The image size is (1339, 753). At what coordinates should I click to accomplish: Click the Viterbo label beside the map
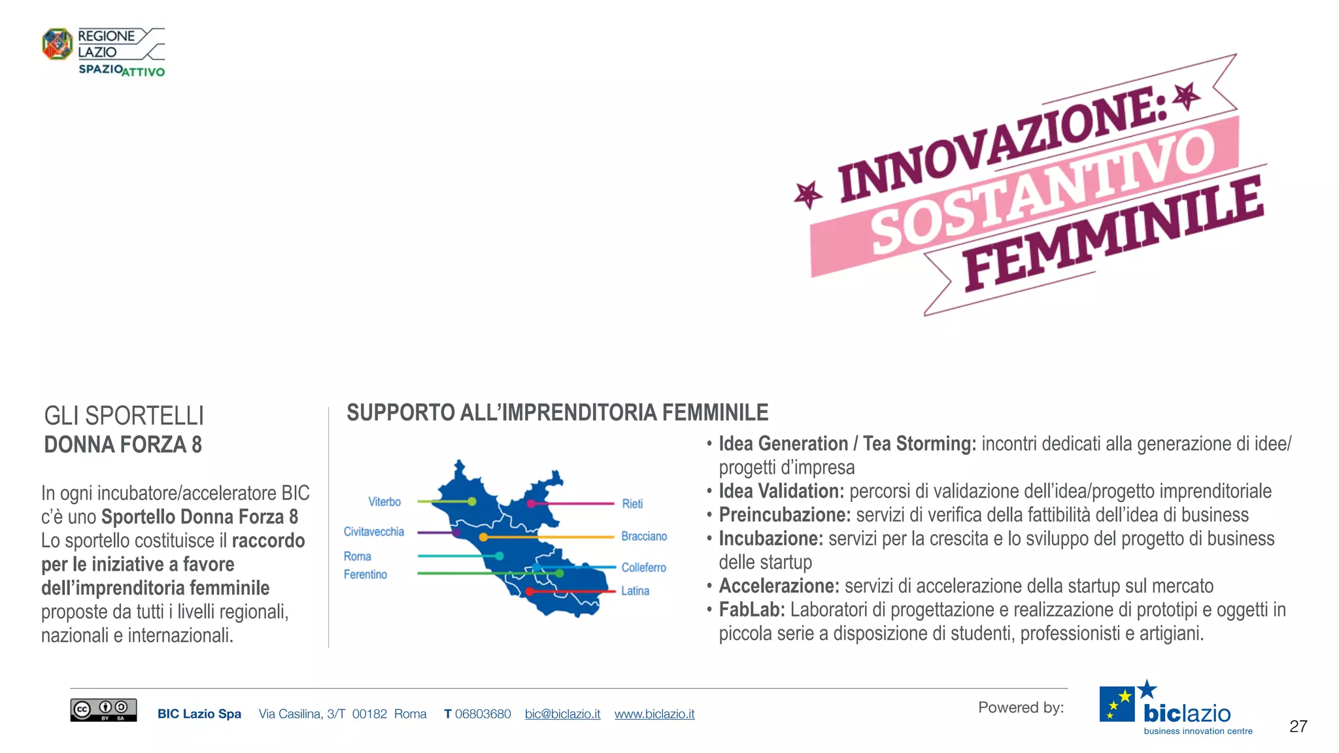[x=384, y=502]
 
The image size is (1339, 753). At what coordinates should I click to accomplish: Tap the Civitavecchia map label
[x=374, y=532]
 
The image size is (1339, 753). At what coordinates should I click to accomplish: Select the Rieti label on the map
[x=632, y=504]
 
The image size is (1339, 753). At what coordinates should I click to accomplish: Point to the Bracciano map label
[x=644, y=537]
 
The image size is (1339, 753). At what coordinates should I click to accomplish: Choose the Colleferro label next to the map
[x=643, y=568]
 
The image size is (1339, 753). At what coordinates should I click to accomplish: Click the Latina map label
[x=635, y=591]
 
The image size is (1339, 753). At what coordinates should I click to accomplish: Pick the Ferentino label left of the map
[x=365, y=575]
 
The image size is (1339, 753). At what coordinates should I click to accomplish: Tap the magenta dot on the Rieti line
[x=531, y=504]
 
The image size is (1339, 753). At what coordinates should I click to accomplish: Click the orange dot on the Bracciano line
[x=483, y=537]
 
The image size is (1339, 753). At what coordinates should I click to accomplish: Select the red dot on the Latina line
[x=530, y=592]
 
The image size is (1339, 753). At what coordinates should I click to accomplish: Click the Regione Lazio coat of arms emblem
[x=58, y=44]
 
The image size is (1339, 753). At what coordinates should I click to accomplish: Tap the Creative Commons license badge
[x=103, y=710]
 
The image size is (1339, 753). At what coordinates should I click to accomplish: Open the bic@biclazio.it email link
[x=562, y=714]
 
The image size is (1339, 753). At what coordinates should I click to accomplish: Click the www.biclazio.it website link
[x=654, y=714]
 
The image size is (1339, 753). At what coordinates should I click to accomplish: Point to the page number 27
[x=1298, y=726]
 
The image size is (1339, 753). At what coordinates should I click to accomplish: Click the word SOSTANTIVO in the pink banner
[x=1043, y=192]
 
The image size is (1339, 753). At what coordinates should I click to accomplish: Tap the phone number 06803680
[x=483, y=714]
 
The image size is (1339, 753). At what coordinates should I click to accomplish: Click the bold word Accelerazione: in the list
[x=779, y=586]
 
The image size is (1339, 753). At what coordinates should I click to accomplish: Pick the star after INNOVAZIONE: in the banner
[x=1187, y=97]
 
